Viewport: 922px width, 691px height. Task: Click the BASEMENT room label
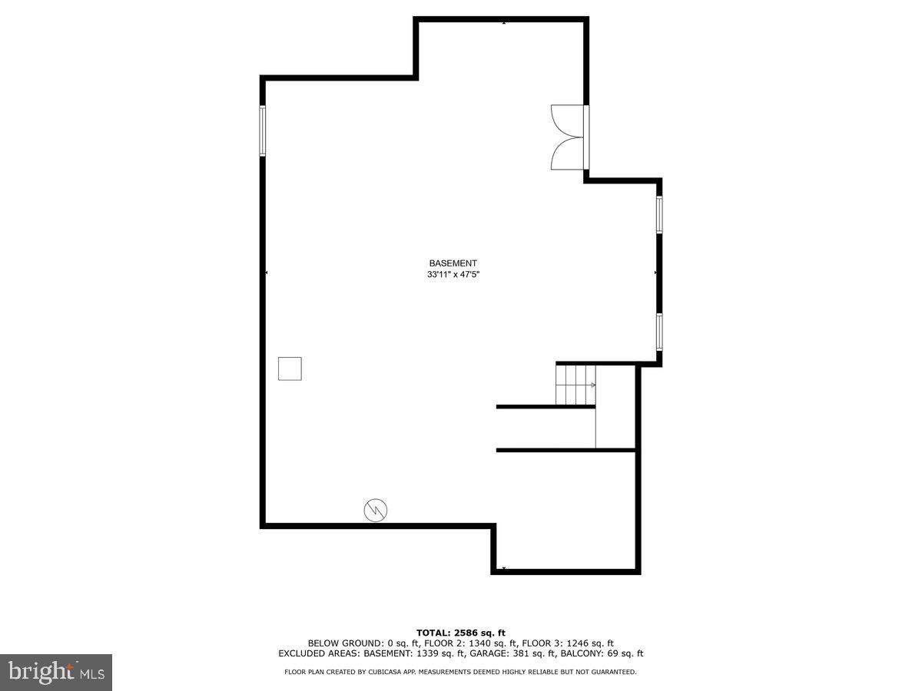(453, 263)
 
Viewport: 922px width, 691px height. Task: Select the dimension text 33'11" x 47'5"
(453, 274)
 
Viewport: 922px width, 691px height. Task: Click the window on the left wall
(262, 131)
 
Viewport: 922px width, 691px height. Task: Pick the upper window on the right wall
(658, 215)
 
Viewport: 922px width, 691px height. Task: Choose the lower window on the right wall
(658, 332)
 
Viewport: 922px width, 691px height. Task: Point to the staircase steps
(575, 385)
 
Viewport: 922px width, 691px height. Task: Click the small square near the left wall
(290, 369)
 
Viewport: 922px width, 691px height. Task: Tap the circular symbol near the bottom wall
(376, 509)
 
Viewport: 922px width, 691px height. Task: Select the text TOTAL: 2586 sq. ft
(460, 632)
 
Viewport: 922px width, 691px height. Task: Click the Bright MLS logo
(56, 673)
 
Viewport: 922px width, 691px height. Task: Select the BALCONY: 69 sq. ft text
(605, 654)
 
